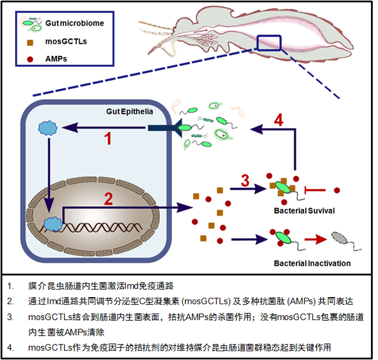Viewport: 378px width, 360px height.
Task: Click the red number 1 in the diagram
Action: (x=107, y=138)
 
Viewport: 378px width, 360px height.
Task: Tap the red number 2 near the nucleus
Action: (x=108, y=199)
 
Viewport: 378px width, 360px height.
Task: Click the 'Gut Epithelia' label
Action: (x=130, y=111)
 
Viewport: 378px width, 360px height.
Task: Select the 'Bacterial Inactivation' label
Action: (x=312, y=263)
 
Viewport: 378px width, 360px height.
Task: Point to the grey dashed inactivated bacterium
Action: (x=339, y=238)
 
